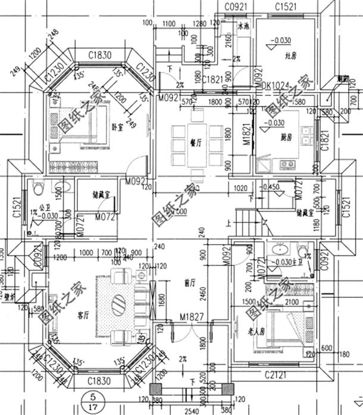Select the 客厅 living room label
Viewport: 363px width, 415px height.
(83, 314)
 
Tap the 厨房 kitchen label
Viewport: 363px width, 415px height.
(286, 137)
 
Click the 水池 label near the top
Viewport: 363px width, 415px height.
(243, 27)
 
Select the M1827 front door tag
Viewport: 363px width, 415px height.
(185, 319)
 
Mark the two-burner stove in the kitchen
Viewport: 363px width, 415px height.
(283, 163)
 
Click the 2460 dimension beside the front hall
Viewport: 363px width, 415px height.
(203, 292)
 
